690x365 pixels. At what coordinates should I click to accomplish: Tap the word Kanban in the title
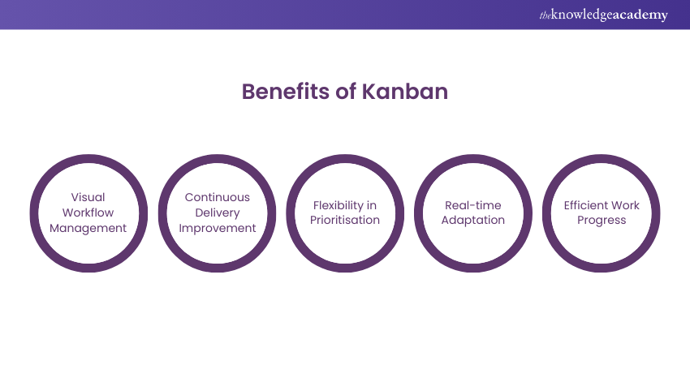pyautogui.click(x=405, y=92)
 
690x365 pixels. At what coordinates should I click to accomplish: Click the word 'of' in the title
pyautogui.click(x=346, y=92)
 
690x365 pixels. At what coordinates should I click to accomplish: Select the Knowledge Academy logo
pyautogui.click(x=603, y=15)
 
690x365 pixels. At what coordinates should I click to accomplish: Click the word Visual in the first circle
pyautogui.click(x=88, y=197)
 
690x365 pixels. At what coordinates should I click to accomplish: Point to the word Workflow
pyautogui.click(x=88, y=213)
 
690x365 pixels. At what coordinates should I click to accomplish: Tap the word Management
pyautogui.click(x=88, y=228)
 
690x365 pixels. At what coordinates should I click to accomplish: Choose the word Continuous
pyautogui.click(x=218, y=197)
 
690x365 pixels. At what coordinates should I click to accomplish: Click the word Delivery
pyautogui.click(x=218, y=213)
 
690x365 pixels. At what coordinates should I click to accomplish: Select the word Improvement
pyautogui.click(x=218, y=228)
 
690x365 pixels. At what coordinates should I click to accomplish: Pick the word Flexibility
pyautogui.click(x=339, y=205)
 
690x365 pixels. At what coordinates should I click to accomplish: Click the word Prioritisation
pyautogui.click(x=345, y=220)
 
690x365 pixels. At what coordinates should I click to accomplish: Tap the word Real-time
pyautogui.click(x=473, y=205)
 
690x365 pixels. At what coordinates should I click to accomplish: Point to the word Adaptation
pyautogui.click(x=473, y=221)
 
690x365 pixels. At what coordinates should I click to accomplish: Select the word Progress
pyautogui.click(x=602, y=221)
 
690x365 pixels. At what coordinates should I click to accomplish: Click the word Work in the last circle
pyautogui.click(x=625, y=205)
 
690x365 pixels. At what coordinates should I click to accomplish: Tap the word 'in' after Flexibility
pyautogui.click(x=373, y=205)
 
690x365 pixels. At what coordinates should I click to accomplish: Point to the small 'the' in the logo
pyautogui.click(x=545, y=16)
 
